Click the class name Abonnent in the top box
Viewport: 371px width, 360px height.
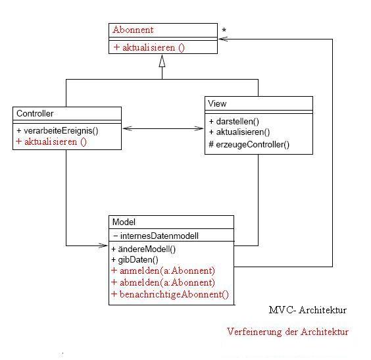click(134, 30)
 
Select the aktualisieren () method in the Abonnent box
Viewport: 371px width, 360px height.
click(149, 47)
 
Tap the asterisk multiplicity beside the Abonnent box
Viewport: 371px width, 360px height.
click(224, 30)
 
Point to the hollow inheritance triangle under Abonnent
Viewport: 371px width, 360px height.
click(162, 61)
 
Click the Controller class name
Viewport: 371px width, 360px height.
click(35, 114)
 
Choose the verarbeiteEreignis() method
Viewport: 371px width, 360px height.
click(57, 131)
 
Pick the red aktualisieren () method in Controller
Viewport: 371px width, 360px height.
click(51, 141)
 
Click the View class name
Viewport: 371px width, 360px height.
click(217, 104)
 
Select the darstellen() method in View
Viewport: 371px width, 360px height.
click(234, 121)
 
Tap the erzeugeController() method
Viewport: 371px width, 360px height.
click(249, 144)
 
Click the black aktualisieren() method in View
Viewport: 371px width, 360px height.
click(239, 132)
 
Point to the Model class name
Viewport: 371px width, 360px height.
click(124, 222)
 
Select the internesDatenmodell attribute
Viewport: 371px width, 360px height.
click(156, 236)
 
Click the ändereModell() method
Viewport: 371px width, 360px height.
click(143, 249)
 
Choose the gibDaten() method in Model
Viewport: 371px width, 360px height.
click(135, 260)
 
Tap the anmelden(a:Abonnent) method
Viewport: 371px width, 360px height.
click(163, 270)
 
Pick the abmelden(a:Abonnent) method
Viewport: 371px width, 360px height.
click(163, 282)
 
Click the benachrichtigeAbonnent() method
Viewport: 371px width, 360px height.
click(170, 294)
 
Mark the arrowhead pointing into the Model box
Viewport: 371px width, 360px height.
click(103, 245)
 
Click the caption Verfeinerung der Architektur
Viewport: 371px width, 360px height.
click(287, 332)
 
